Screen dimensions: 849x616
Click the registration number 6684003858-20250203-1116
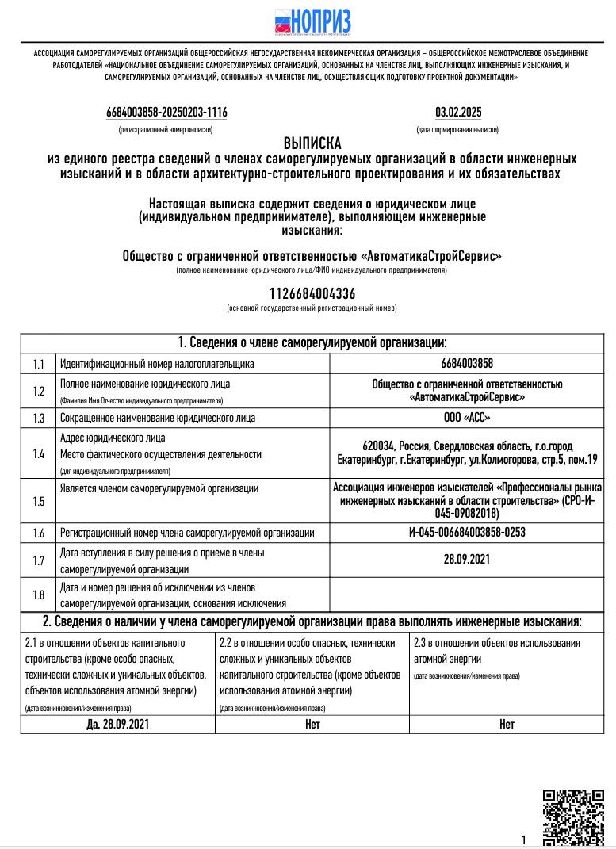[166, 113]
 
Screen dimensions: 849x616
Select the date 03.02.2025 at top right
[457, 113]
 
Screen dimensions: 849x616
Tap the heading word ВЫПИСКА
[312, 143]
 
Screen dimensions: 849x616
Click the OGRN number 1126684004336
[312, 294]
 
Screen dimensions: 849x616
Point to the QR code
[572, 817]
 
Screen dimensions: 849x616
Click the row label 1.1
[38, 364]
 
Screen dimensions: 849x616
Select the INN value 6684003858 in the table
[467, 364]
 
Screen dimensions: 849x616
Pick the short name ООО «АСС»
[467, 418]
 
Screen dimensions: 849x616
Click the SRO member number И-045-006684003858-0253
[467, 533]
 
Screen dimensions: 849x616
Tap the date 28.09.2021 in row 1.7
[467, 560]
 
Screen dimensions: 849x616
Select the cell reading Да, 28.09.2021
[117, 724]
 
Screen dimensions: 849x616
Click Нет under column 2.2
[312, 724]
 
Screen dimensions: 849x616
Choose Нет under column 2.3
[507, 724]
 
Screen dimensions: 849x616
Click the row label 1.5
[38, 500]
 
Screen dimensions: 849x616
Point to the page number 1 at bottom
[524, 839]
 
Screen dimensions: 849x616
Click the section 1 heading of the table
[312, 342]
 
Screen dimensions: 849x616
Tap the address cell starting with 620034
[467, 453]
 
